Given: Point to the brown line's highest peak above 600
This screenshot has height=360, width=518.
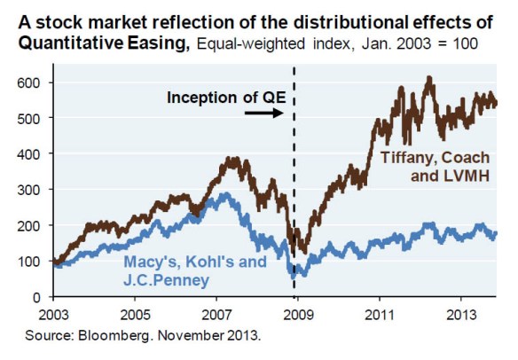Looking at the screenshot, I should point(429,78).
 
